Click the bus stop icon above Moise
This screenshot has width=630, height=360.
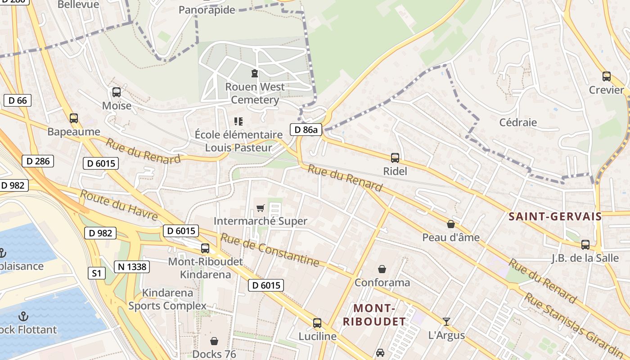tap(117, 92)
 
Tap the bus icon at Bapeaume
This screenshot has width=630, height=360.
tap(74, 118)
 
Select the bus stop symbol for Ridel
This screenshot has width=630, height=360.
tap(395, 158)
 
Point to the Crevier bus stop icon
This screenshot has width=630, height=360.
tap(607, 76)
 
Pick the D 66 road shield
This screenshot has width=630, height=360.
tap(18, 100)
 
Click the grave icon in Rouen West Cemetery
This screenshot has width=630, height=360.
tap(255, 73)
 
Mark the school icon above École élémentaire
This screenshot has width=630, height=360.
tap(238, 121)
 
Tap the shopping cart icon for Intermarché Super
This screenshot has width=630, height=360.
tap(260, 208)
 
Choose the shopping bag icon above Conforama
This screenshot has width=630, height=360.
tap(382, 269)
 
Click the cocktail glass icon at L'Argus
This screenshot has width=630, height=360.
tap(446, 322)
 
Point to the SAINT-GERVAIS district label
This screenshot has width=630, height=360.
tap(555, 216)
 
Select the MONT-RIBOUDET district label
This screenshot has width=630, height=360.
tap(374, 315)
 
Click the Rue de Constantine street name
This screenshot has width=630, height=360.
tap(270, 250)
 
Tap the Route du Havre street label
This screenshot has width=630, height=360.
tap(119, 205)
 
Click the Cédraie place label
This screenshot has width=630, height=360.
tap(518, 122)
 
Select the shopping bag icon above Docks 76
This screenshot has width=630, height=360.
tap(214, 341)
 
